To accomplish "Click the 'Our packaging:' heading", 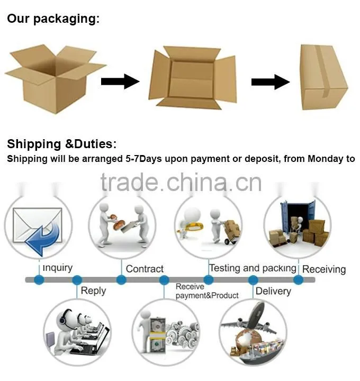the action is tap(53, 19).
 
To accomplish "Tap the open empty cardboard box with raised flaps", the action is tap(56, 78).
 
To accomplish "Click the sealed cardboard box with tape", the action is tap(323, 77).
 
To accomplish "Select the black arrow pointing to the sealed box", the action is tap(271, 82).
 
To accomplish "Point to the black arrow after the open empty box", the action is tap(120, 81).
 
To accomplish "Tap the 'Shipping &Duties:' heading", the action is tap(62, 144).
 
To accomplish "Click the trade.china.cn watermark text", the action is tap(181, 183).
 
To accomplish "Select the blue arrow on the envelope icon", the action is tap(43, 239).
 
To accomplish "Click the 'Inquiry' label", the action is tap(58, 268).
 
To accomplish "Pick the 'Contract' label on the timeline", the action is tap(145, 269).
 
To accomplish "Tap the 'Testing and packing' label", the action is tap(253, 268).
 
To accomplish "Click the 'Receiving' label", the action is tap(324, 269).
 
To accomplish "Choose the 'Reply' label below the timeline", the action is tap(93, 291).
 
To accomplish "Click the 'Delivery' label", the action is tap(273, 291).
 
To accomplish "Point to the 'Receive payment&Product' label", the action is tap(207, 291).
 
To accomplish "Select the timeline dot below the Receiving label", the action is tap(298, 280).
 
